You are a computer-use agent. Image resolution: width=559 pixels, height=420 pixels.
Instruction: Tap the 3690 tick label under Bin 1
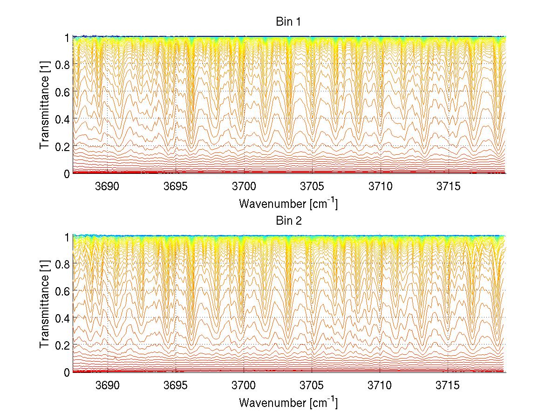click(108, 186)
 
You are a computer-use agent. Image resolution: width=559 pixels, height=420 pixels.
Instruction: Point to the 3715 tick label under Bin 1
click(449, 186)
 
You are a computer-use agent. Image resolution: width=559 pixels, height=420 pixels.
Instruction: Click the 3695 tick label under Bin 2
click(176, 386)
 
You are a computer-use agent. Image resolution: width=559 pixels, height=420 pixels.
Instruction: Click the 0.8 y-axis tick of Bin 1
click(63, 64)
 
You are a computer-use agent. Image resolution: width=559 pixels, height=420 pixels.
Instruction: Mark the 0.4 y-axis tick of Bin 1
click(63, 119)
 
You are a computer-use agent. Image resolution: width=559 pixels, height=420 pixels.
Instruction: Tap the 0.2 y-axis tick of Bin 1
click(63, 146)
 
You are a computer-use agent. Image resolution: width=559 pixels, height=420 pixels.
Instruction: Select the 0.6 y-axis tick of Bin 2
click(63, 291)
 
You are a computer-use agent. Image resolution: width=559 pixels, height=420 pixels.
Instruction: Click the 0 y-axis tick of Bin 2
click(67, 372)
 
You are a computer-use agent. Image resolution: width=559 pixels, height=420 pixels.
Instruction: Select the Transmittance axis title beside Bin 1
click(45, 105)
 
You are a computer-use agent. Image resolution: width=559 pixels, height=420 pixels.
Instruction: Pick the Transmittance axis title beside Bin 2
click(45, 304)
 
